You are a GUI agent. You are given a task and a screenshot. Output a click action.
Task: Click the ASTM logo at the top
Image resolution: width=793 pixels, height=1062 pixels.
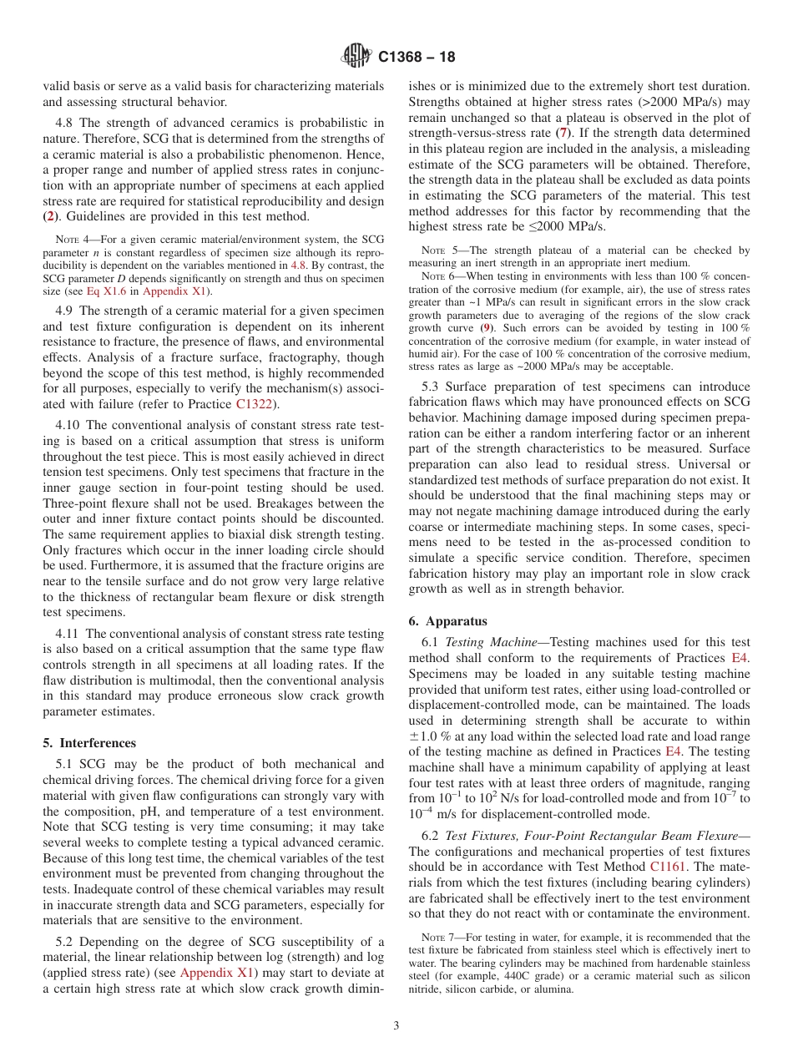[356, 57]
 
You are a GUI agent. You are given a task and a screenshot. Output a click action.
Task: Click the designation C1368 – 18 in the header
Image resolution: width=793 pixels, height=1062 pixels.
[417, 58]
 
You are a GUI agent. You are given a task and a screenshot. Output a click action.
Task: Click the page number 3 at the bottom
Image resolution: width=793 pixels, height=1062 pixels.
[396, 1025]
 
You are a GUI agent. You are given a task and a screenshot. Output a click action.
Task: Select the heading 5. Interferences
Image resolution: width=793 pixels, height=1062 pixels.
[88, 742]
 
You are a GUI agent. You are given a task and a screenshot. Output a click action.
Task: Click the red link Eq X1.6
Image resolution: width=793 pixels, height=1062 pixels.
[104, 291]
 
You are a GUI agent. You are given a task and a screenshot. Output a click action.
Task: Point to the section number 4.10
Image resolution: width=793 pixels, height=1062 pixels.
[68, 425]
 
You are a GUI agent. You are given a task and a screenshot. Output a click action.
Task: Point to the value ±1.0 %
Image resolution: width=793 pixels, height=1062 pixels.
[432, 736]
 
